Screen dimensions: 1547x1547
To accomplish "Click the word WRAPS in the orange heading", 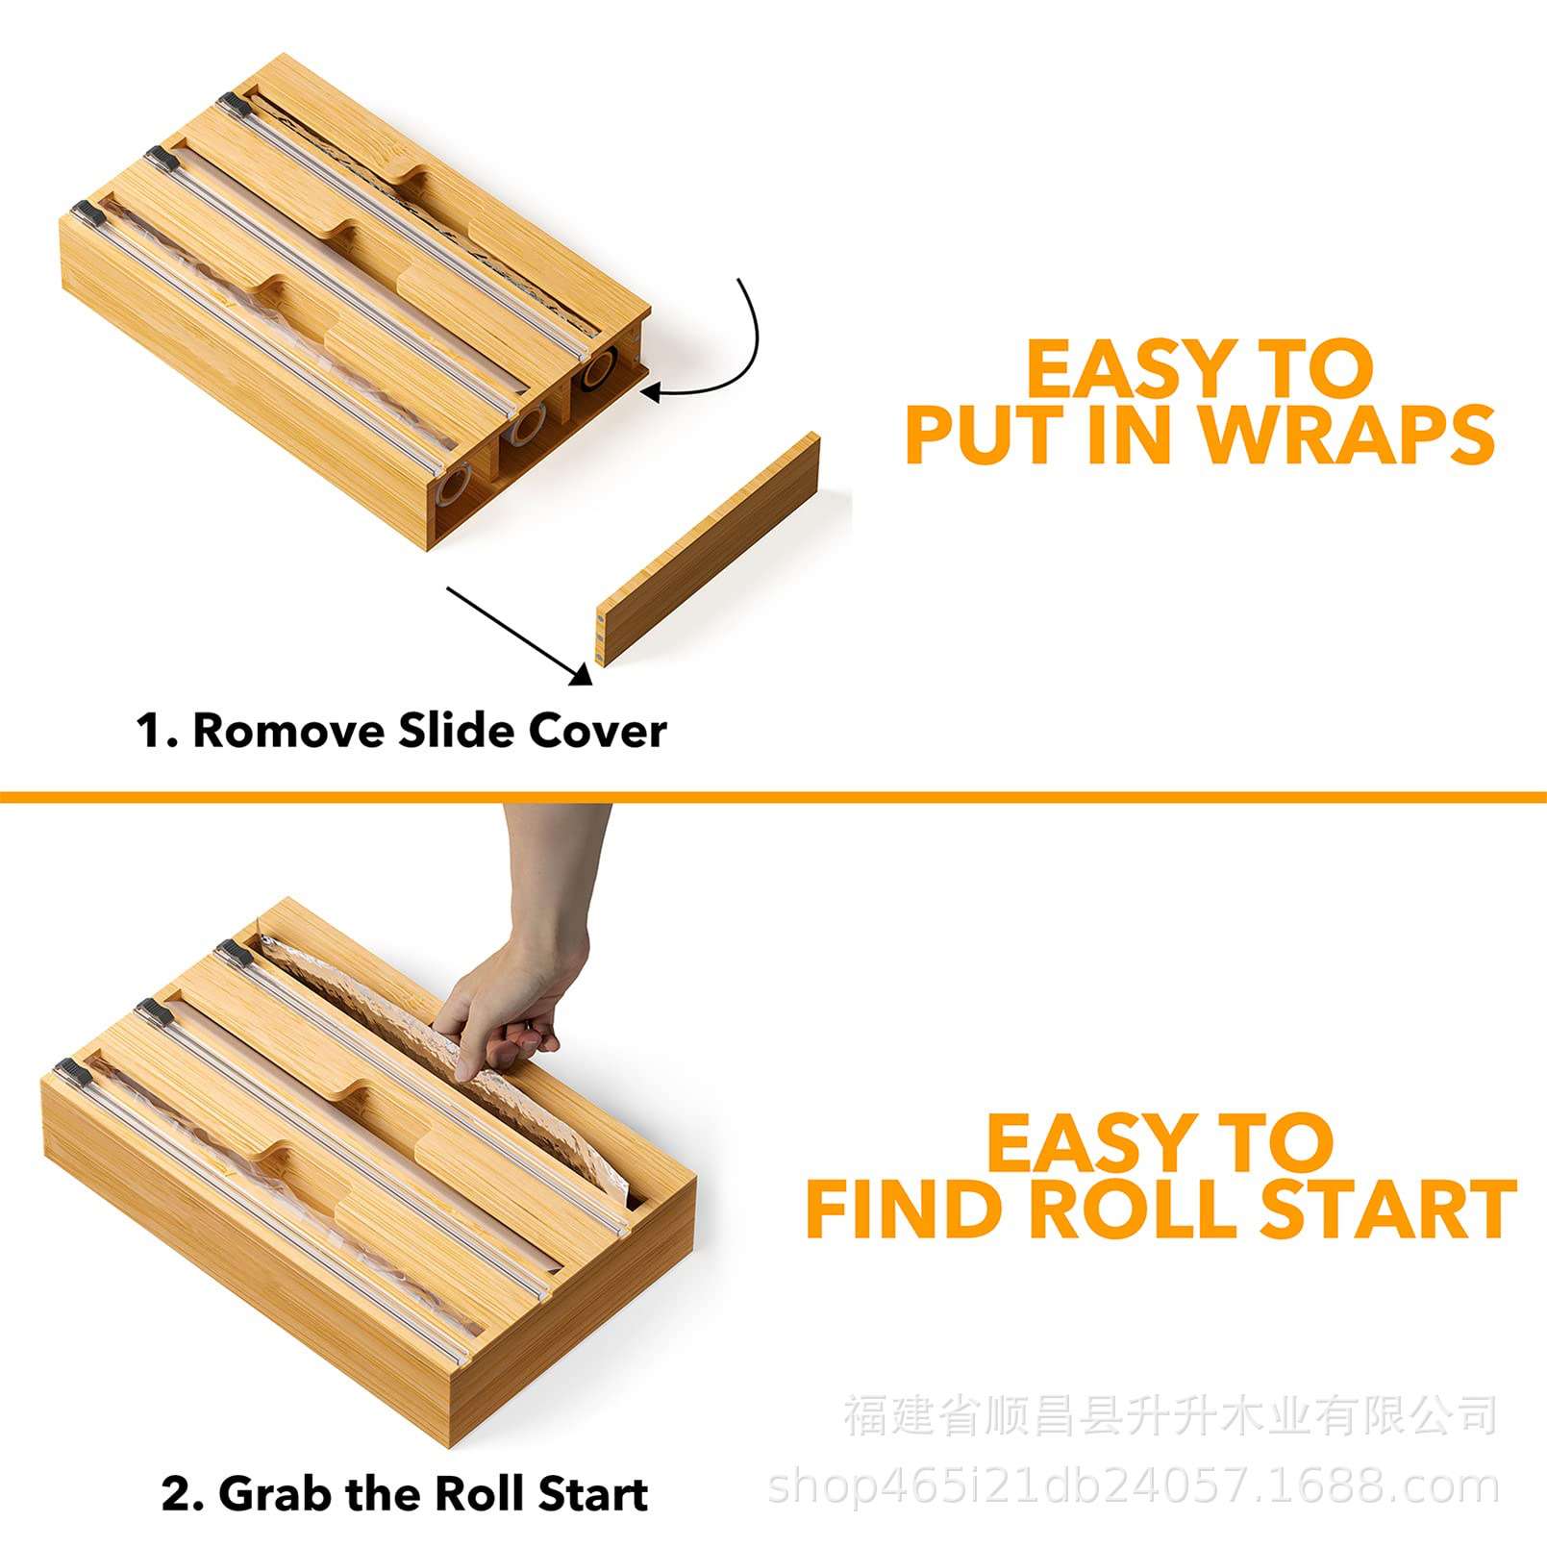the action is click(1347, 435).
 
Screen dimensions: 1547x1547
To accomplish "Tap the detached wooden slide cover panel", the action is click(709, 548).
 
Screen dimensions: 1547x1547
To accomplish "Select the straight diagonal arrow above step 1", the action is click(519, 636).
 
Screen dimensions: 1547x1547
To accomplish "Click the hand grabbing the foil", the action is click(524, 981).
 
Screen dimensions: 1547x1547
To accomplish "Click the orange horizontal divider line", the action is click(773, 796).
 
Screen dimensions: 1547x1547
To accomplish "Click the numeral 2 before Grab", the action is click(176, 1494).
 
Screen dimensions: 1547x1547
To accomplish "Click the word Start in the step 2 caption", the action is click(593, 1494).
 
